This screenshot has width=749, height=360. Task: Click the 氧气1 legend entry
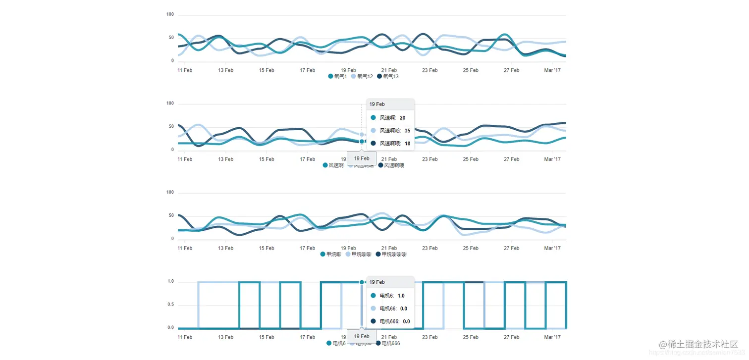pos(337,77)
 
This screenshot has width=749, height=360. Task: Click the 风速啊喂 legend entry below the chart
pos(391,165)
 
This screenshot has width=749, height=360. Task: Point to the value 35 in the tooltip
pos(407,131)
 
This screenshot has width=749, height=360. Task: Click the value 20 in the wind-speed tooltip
pos(402,118)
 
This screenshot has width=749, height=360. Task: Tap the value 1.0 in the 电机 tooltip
pos(401,296)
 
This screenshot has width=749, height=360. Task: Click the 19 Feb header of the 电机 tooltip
pos(377,282)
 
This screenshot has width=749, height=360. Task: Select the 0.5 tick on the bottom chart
pos(170,305)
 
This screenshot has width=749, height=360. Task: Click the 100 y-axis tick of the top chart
pos(170,14)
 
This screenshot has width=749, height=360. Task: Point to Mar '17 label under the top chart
pos(552,70)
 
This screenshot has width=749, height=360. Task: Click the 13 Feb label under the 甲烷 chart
pos(225,248)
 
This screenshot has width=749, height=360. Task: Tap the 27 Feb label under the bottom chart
pos(511,337)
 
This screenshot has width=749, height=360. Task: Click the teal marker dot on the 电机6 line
pos(362,282)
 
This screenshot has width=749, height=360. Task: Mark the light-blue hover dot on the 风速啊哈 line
pos(362,134)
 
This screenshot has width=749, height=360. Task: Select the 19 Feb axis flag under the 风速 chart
pos(362,158)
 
